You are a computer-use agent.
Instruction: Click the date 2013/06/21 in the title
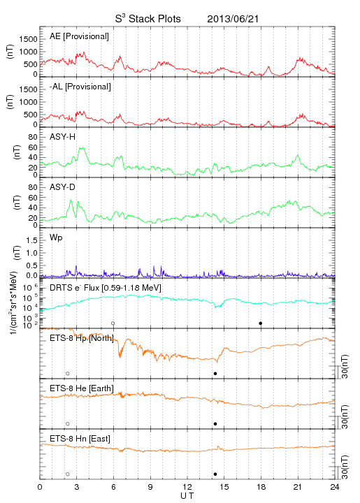pyautogui.click(x=233, y=19)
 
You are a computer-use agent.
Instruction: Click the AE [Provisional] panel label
pyautogui.click(x=79, y=36)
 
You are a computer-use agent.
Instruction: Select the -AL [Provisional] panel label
pyautogui.click(x=80, y=87)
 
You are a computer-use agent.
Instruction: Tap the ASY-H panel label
pyautogui.click(x=63, y=137)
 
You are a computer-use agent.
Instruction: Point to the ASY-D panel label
pyautogui.click(x=63, y=187)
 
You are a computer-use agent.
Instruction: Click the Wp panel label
pyautogui.click(x=56, y=238)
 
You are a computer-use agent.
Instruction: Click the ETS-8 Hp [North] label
pyautogui.click(x=82, y=338)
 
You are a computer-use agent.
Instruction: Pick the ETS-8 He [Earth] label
pyautogui.click(x=82, y=388)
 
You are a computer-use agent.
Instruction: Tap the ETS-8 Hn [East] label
pyautogui.click(x=80, y=439)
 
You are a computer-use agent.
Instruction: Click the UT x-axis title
pyautogui.click(x=187, y=496)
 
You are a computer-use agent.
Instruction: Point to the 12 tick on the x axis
pyautogui.click(x=187, y=487)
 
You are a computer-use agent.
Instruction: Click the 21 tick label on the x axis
pyautogui.click(x=298, y=487)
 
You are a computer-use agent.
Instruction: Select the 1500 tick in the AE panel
pyautogui.click(x=29, y=39)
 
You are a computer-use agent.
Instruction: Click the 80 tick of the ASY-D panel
pyautogui.click(x=33, y=187)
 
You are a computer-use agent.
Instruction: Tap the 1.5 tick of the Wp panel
pyautogui.click(x=31, y=240)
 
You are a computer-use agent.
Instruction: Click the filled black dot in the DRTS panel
pyautogui.click(x=261, y=323)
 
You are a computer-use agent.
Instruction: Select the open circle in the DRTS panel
pyautogui.click(x=113, y=323)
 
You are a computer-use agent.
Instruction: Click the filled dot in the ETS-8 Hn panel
pyautogui.click(x=215, y=474)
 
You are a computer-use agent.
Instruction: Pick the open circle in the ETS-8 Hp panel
pyautogui.click(x=68, y=374)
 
